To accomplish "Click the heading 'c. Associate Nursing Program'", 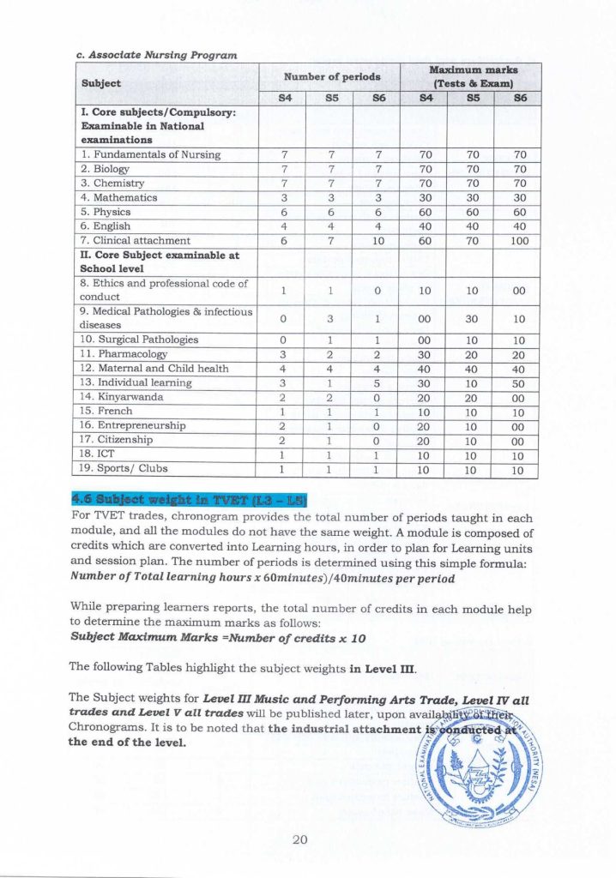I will tap(156, 55).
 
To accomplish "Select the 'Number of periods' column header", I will tap(332, 76).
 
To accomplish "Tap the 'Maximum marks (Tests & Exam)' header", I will tap(474, 76).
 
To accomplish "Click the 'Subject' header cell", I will tap(101, 83).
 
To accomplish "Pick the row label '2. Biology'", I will tap(106, 169).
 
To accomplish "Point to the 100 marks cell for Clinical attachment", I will tap(518, 241).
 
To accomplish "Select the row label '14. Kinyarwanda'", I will tap(121, 397).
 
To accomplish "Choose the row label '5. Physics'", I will tap(106, 212).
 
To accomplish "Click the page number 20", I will tap(299, 839).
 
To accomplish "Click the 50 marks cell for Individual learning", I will tap(518, 382).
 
